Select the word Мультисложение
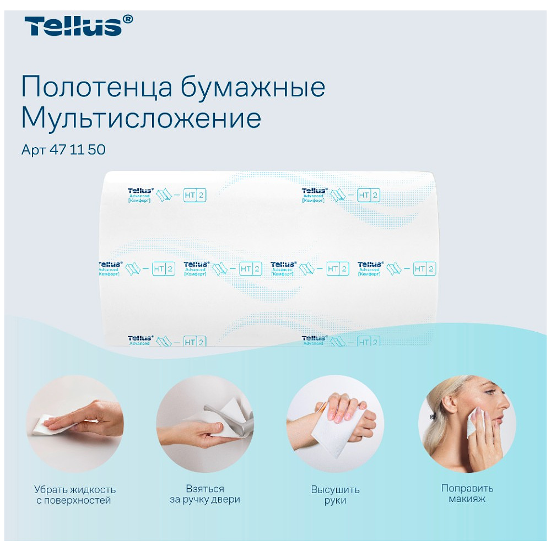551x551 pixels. (x=141, y=118)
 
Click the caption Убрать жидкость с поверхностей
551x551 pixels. (x=74, y=495)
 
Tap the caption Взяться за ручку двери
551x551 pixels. (x=205, y=494)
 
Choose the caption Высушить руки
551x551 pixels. (x=335, y=495)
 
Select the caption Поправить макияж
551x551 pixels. (x=467, y=494)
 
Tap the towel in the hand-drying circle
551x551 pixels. (x=336, y=435)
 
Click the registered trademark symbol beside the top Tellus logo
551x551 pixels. (x=128, y=19)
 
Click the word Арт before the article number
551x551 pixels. (x=34, y=150)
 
